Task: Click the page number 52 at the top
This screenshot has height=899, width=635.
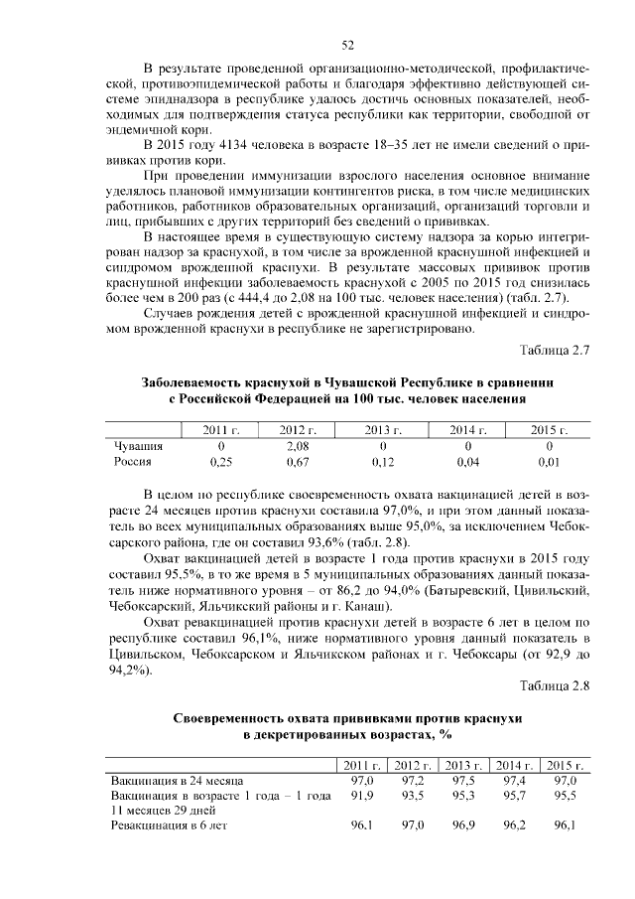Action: (348, 45)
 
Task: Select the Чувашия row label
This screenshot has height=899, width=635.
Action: (138, 446)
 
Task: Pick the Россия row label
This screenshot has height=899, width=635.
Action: (132, 462)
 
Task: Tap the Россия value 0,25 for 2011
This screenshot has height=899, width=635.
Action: (221, 462)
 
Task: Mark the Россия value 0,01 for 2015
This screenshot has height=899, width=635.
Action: (549, 462)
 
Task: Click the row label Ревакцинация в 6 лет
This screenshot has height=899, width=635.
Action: (170, 825)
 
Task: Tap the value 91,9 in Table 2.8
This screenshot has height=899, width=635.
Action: (362, 796)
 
